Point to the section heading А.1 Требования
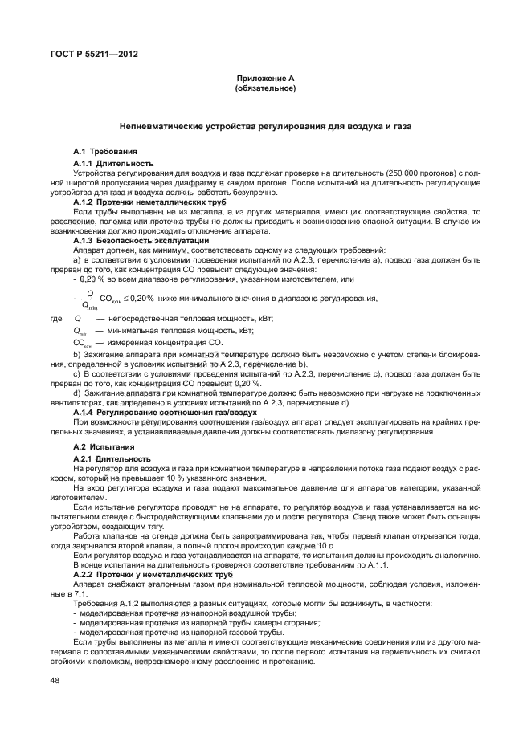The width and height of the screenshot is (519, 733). (x=105, y=151)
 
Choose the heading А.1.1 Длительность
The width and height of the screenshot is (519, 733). (x=113, y=163)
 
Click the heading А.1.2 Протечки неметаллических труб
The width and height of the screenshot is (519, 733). (x=149, y=203)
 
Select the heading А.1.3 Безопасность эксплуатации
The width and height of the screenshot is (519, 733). (x=141, y=241)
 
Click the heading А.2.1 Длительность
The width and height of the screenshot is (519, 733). (x=113, y=458)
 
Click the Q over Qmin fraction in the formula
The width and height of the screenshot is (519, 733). (x=89, y=299)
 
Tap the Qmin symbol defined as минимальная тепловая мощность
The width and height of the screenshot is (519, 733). (x=80, y=331)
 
